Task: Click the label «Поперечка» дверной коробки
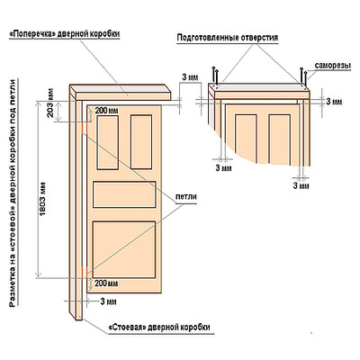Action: tap(65, 34)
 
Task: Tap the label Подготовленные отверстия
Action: tap(228, 38)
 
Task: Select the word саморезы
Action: tap(333, 66)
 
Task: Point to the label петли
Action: tap(186, 197)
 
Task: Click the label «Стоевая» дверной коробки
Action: tap(159, 327)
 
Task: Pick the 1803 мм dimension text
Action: tap(42, 198)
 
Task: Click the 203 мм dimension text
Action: tap(50, 103)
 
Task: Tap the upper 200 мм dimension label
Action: tap(106, 111)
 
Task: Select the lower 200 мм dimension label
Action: tap(106, 283)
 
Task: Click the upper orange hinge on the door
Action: tap(82, 127)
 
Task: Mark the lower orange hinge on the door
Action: tap(82, 272)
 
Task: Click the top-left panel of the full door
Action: tap(107, 142)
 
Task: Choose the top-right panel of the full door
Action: tap(141, 142)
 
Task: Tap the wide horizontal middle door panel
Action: tap(124, 194)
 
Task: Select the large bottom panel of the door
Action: tap(124, 249)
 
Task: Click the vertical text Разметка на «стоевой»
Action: tap(13, 257)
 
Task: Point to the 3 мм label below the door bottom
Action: tap(108, 301)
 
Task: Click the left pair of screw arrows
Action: tap(215, 75)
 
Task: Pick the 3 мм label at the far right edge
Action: tap(334, 102)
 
